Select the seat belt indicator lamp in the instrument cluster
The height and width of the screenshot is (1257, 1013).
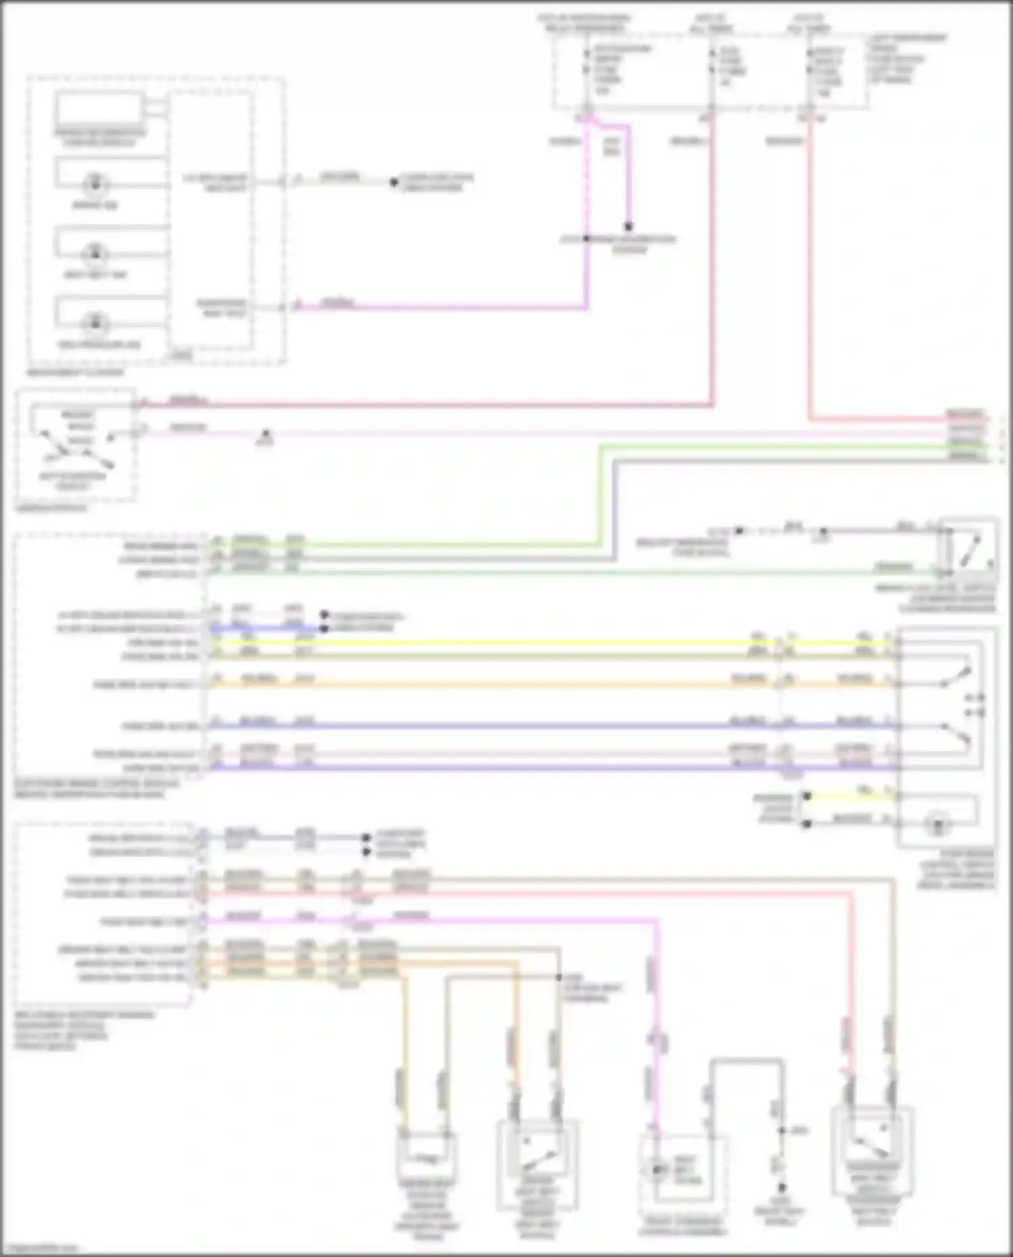(95, 255)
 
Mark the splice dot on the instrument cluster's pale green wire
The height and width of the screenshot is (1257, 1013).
(394, 182)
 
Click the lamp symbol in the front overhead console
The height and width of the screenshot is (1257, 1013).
(656, 1169)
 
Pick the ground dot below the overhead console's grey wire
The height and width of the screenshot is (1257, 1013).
(781, 1187)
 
